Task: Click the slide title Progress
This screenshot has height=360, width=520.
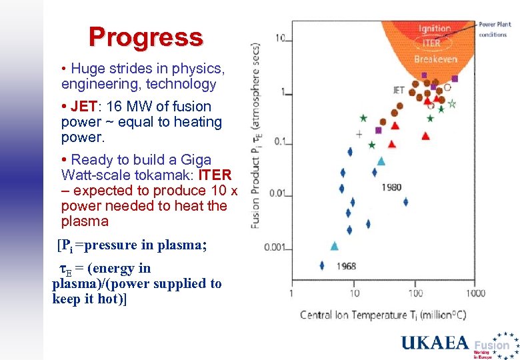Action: [x=145, y=37]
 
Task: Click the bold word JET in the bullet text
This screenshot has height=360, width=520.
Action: [x=83, y=107]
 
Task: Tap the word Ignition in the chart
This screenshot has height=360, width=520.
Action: [x=435, y=29]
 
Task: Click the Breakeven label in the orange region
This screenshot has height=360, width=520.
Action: [x=435, y=59]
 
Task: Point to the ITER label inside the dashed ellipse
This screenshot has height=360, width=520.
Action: [x=431, y=43]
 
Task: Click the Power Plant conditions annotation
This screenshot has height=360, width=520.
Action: [x=494, y=29]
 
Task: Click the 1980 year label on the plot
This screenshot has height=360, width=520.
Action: [x=391, y=187]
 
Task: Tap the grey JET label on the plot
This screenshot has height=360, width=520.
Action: [x=398, y=90]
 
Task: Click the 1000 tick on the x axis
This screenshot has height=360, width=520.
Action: [x=475, y=293]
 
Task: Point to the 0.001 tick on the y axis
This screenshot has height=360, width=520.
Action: [x=276, y=248]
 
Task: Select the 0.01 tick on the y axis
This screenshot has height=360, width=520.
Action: [x=277, y=194]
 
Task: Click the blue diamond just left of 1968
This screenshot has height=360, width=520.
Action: [x=321, y=265]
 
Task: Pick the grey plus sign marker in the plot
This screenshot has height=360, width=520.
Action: [x=359, y=134]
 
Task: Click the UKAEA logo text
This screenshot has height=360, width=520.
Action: [x=435, y=343]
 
